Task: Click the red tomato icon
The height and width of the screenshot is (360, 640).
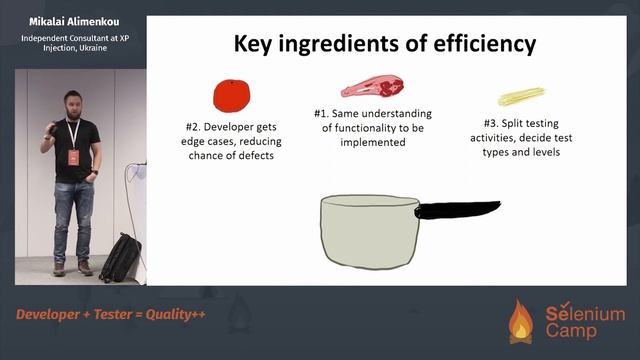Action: pyautogui.click(x=232, y=95)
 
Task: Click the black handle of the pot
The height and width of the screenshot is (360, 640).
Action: pyautogui.click(x=456, y=209)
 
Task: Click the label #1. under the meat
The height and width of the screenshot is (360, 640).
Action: pyautogui.click(x=326, y=112)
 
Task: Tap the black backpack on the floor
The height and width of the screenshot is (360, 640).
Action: pyautogui.click(x=119, y=257)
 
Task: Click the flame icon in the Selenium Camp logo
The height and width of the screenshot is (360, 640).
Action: pyautogui.click(x=521, y=321)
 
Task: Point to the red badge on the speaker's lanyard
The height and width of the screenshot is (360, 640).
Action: pyautogui.click(x=73, y=158)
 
